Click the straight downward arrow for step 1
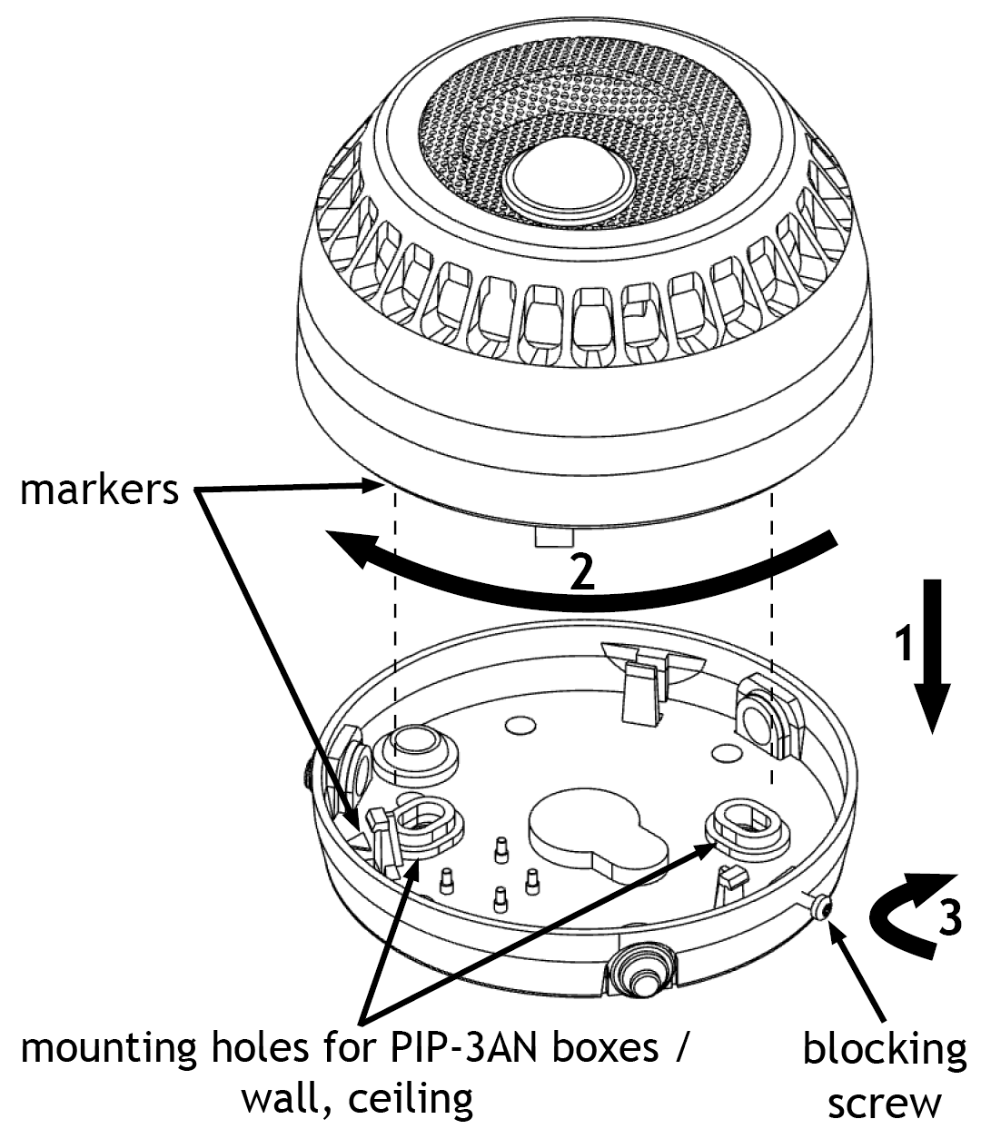[933, 656]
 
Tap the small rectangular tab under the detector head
[554, 536]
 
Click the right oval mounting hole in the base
[748, 823]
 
